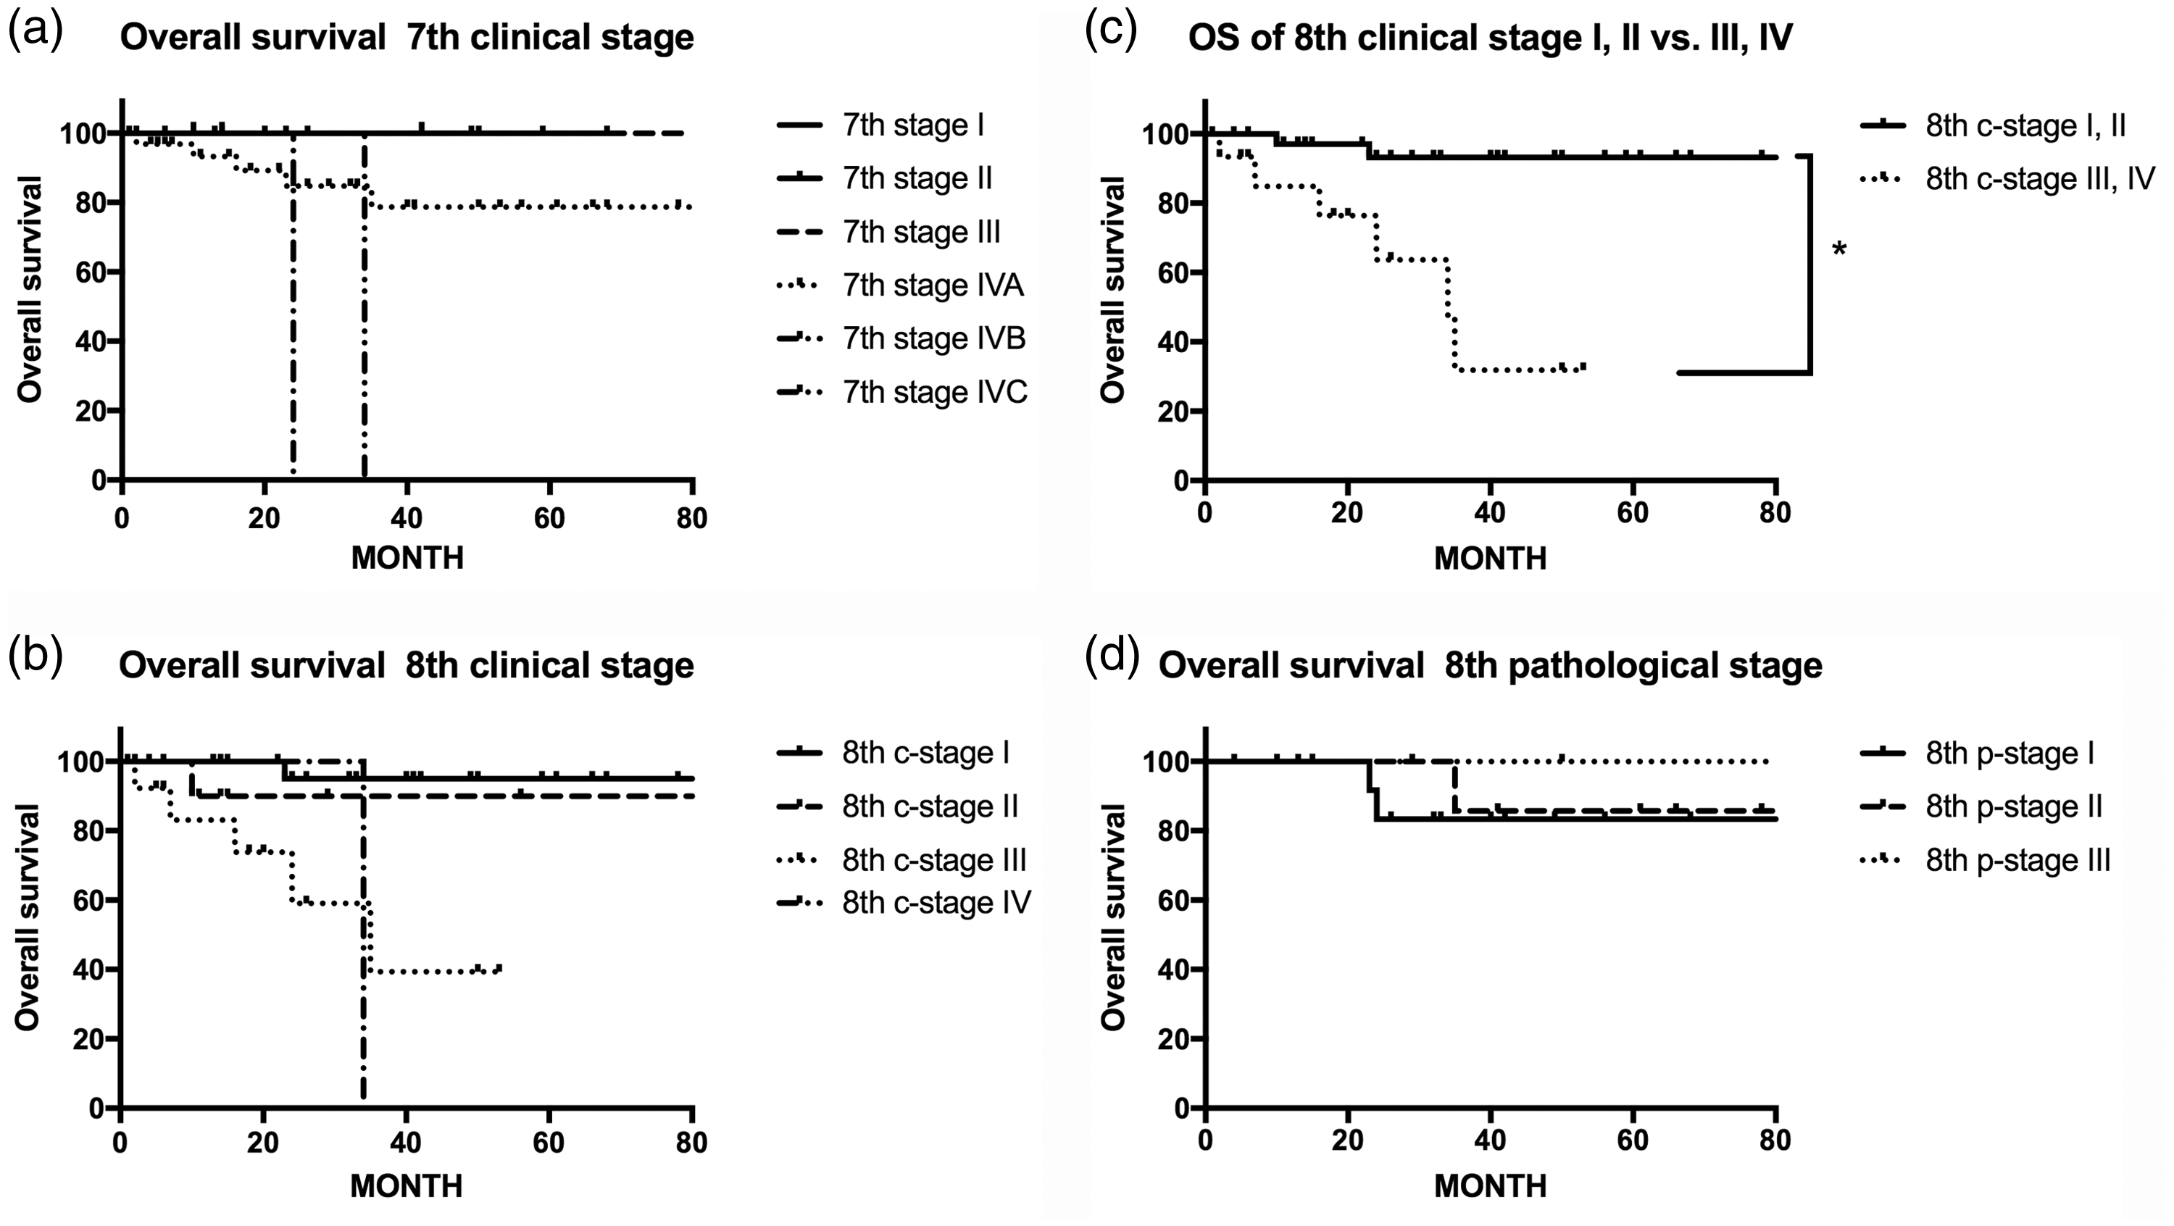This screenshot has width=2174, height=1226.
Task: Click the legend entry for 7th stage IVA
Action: (x=901, y=286)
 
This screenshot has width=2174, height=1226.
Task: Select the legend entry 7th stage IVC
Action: (x=902, y=392)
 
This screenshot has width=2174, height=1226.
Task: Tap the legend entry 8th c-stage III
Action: (x=901, y=861)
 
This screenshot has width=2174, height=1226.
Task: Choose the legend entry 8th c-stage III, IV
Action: (x=2008, y=179)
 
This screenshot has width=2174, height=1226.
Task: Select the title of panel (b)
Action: (x=406, y=666)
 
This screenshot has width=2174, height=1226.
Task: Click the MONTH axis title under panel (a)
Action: (x=407, y=558)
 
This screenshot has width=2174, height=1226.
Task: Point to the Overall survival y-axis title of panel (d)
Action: (x=1114, y=918)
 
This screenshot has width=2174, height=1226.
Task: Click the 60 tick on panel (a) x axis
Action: (x=549, y=517)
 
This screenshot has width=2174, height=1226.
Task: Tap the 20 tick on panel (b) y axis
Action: (x=83, y=1038)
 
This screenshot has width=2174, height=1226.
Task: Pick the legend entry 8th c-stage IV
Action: (x=903, y=904)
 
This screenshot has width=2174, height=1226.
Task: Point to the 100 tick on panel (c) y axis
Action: (x=1157, y=134)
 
